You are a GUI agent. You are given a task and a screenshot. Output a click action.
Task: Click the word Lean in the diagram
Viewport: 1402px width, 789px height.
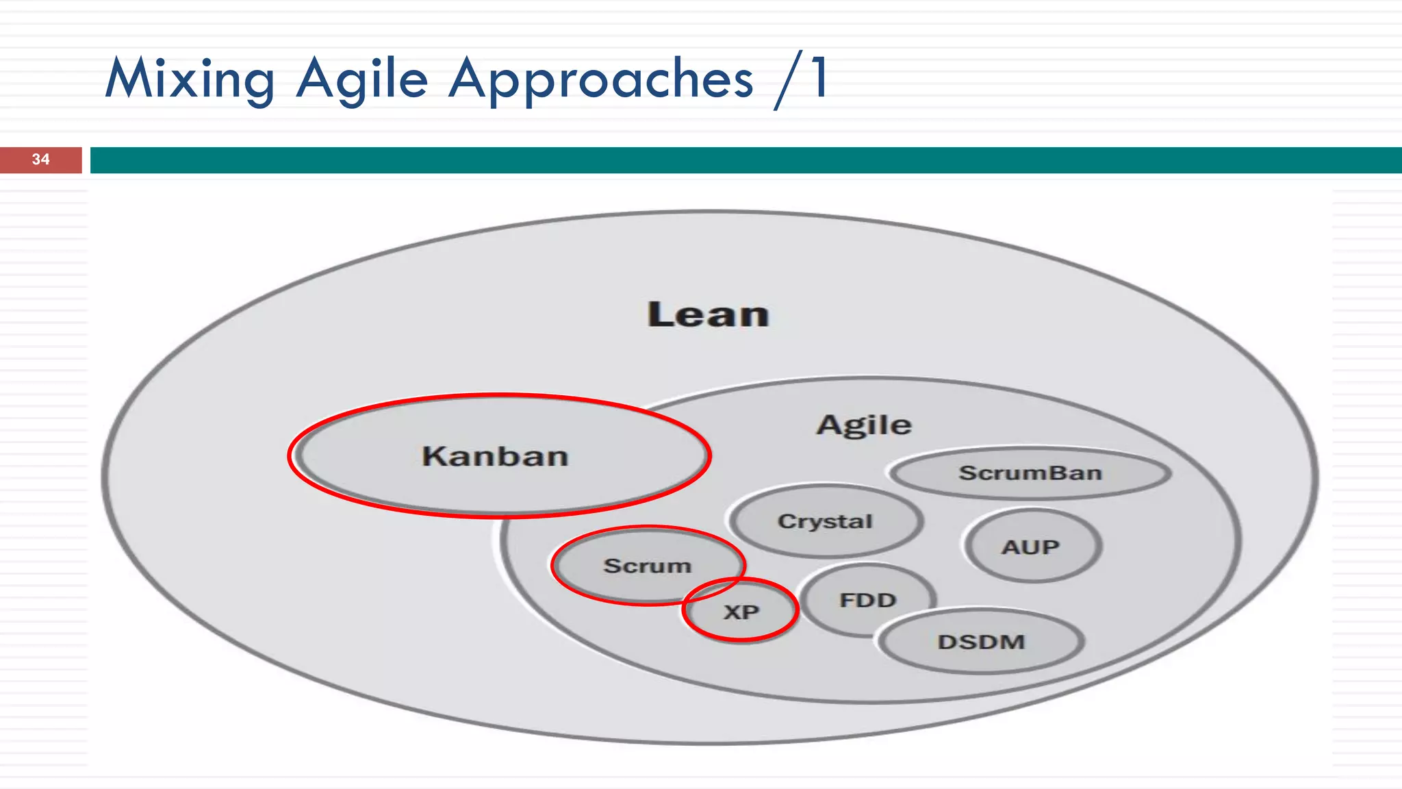pyautogui.click(x=708, y=315)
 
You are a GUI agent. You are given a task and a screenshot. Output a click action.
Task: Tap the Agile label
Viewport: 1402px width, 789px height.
pyautogui.click(x=864, y=425)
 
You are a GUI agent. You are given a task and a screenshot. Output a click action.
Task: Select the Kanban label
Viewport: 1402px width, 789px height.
pyautogui.click(x=495, y=456)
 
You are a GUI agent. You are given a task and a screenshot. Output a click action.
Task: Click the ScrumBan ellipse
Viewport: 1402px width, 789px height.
pyautogui.click(x=1030, y=473)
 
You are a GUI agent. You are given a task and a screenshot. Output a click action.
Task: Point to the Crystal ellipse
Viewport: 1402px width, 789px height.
pyautogui.click(x=825, y=521)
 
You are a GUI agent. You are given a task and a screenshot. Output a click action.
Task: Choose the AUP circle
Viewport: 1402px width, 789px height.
pyautogui.click(x=1031, y=547)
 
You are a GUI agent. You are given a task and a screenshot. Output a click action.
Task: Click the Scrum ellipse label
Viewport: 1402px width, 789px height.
pyautogui.click(x=647, y=566)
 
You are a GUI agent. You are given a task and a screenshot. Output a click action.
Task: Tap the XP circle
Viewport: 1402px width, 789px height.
pyautogui.click(x=741, y=612)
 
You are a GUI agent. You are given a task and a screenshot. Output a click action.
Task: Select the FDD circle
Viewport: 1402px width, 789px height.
pyautogui.click(x=867, y=600)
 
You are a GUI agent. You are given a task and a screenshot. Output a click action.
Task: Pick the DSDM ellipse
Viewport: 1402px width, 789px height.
pyautogui.click(x=981, y=642)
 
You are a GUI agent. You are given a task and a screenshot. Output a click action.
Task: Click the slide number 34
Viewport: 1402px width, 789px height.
pyautogui.click(x=40, y=160)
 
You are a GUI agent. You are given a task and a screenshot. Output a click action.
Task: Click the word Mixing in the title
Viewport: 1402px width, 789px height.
pyautogui.click(x=190, y=79)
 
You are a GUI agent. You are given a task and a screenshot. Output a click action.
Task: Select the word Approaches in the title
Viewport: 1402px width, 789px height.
pyautogui.click(x=600, y=79)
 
